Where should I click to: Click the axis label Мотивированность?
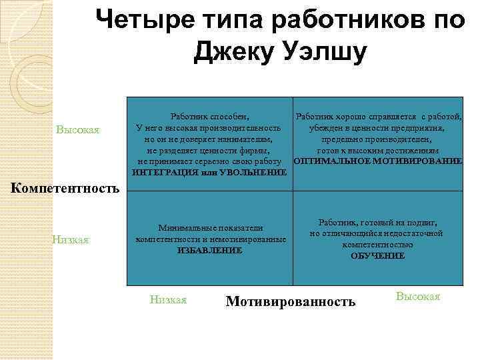(291, 302)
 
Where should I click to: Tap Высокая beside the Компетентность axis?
(78, 129)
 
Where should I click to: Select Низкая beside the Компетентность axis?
(71, 239)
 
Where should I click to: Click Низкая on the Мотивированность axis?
(167, 299)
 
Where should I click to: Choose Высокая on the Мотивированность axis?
(418, 296)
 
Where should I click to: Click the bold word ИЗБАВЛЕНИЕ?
(210, 250)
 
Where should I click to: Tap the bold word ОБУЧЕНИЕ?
(377, 256)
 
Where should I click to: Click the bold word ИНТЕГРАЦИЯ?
(164, 173)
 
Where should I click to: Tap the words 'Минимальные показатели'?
(210, 227)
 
